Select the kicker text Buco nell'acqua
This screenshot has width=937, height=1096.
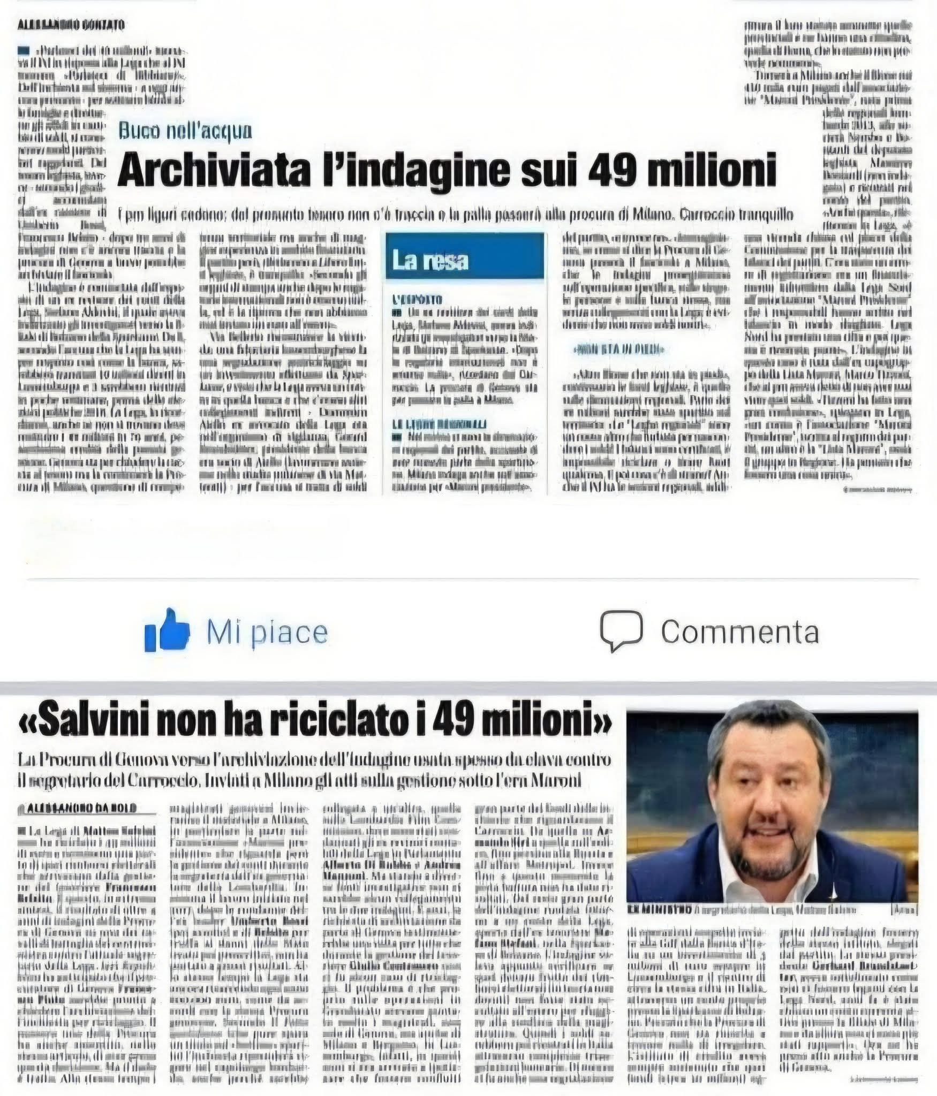(185, 131)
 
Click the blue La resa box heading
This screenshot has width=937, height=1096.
(430, 260)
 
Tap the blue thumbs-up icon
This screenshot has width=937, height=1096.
(167, 630)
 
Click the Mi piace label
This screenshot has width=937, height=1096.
(267, 633)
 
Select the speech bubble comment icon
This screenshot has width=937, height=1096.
(621, 630)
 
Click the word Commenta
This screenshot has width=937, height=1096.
(739, 632)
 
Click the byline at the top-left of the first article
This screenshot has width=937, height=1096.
(71, 25)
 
